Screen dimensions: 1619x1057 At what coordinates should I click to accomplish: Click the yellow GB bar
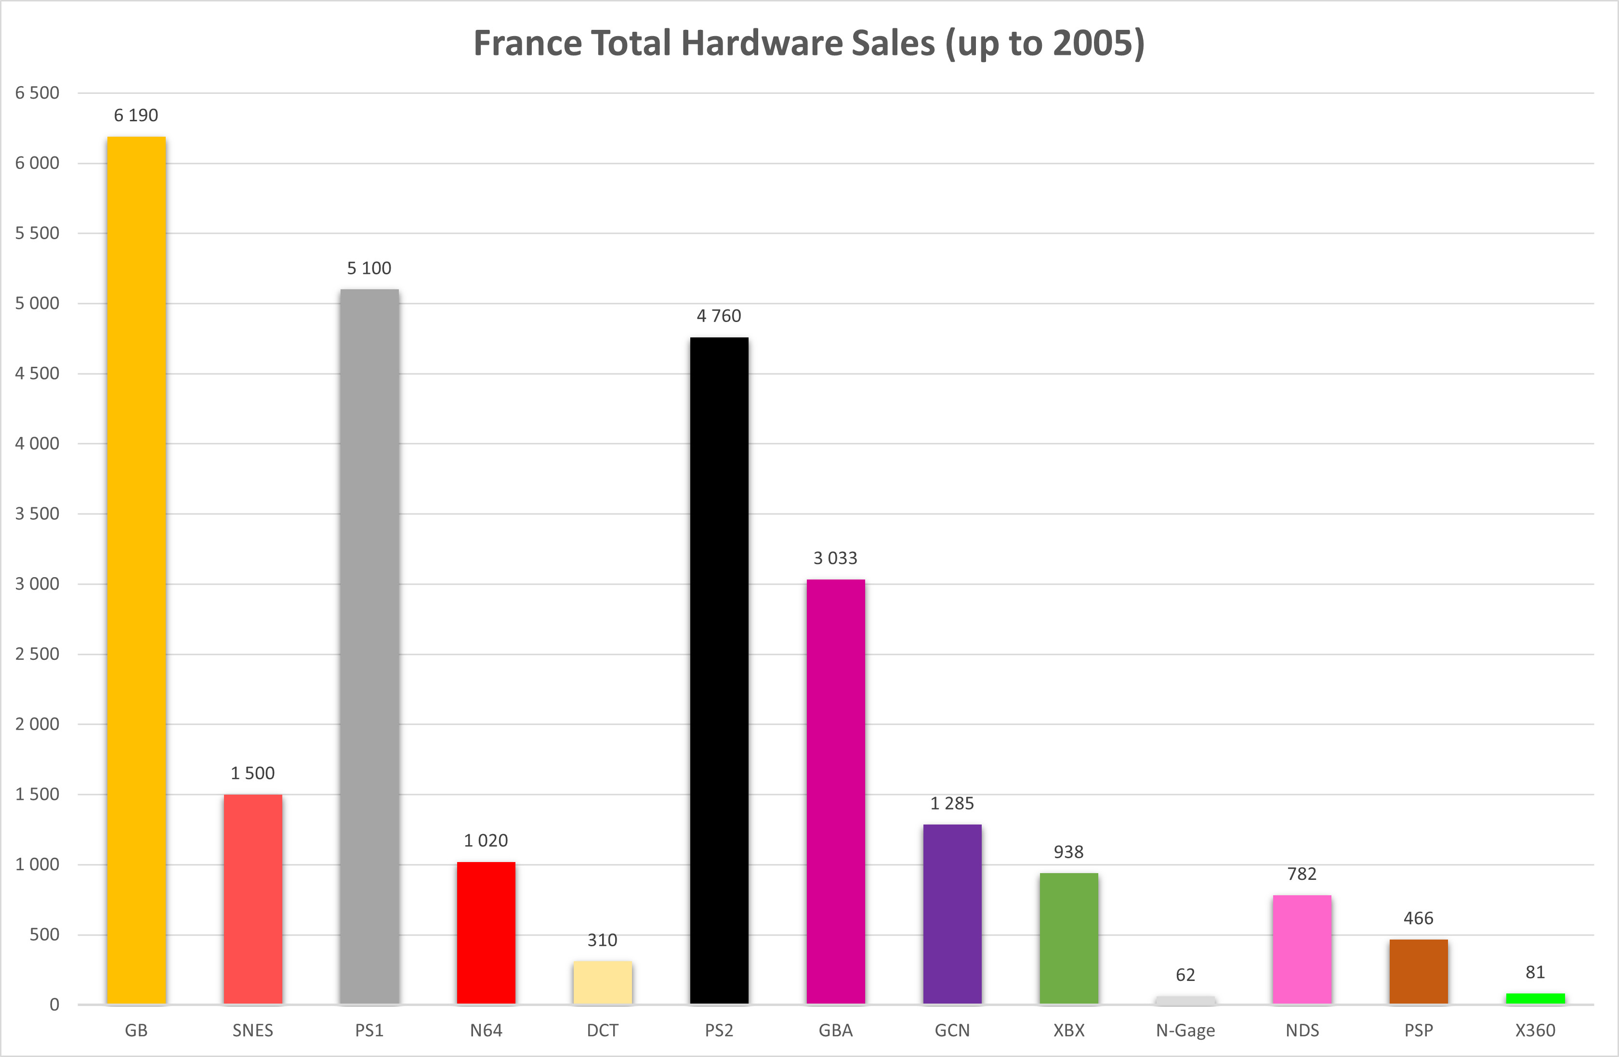(136, 570)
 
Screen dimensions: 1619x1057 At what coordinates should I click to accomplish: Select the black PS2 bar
(719, 670)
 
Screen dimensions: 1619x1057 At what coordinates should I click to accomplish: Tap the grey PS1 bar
(369, 646)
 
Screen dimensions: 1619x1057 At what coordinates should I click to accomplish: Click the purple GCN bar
(952, 914)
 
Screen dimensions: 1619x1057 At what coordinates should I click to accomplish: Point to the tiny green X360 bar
(1535, 999)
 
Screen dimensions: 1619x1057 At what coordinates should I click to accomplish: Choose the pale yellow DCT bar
(603, 982)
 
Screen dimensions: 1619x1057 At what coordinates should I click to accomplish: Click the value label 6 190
(136, 116)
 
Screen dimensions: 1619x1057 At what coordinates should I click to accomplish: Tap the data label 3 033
(835, 558)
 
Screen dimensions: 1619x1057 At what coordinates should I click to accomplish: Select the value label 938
(1069, 852)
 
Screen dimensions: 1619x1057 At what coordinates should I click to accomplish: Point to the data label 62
(1185, 975)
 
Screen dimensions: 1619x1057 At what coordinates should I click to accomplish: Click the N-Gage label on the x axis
(1185, 1031)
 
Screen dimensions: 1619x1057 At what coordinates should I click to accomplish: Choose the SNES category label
(253, 1031)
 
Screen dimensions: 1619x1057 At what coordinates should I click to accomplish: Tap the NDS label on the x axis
(1302, 1031)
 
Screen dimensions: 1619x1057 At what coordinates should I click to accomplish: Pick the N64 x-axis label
(486, 1031)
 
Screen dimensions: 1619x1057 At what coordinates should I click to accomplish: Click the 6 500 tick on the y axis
(38, 92)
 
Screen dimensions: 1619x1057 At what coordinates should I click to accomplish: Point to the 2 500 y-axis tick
(38, 654)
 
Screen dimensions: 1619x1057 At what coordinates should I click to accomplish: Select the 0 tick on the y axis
(54, 1005)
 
